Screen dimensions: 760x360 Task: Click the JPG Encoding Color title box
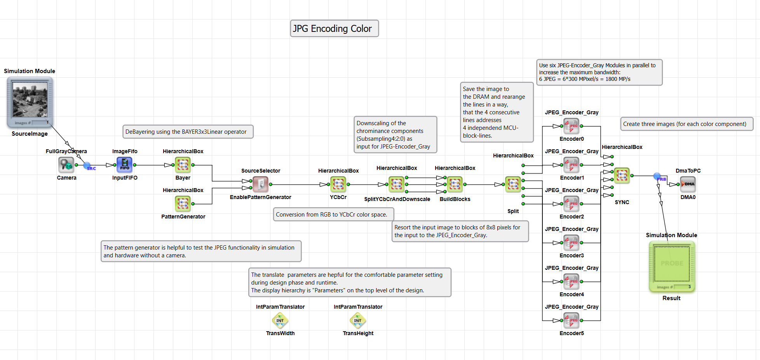(x=334, y=28)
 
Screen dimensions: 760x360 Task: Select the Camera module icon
(x=66, y=165)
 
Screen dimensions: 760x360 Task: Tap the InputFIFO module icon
(x=125, y=165)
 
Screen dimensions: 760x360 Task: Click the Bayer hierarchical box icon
(x=183, y=165)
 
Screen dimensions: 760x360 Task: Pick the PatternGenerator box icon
(x=183, y=204)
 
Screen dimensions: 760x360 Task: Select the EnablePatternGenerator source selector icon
(x=261, y=184)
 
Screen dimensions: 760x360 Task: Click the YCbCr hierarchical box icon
(x=338, y=184)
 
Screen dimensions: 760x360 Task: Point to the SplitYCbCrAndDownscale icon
(x=397, y=184)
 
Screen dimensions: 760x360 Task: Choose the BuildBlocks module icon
(x=455, y=184)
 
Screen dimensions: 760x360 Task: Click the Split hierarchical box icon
(x=513, y=184)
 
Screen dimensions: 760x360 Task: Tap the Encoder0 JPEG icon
(x=572, y=126)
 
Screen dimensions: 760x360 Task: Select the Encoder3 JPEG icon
(x=572, y=243)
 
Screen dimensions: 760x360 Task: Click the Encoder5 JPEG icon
(x=572, y=320)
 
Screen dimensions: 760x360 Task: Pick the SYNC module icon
(x=622, y=176)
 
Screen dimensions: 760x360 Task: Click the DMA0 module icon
(x=688, y=184)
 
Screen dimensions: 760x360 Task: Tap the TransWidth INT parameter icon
(x=280, y=320)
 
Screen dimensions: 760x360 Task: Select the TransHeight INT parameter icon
(x=358, y=320)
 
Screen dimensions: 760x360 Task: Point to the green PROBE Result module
(x=672, y=267)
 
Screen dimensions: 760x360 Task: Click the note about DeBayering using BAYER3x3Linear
(x=188, y=132)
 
